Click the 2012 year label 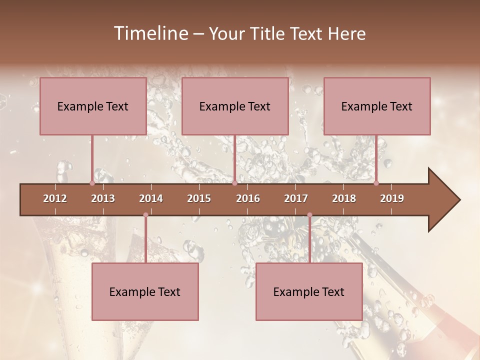coord(55,198)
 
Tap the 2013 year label coord(103,198)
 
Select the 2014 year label coord(151,198)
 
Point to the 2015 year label coord(199,198)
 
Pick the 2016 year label coord(248,198)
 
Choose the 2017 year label coord(296,198)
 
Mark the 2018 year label coord(344,198)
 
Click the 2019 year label coord(392,198)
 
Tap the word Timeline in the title coord(150,33)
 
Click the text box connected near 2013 coord(93,106)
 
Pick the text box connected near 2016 coord(235,106)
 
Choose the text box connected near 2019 coord(377,106)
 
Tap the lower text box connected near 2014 coord(145,291)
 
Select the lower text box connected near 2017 coord(309,291)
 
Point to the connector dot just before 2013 coord(92,183)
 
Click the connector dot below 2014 coord(145,215)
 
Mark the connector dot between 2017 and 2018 coord(309,215)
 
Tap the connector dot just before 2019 coord(376,183)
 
